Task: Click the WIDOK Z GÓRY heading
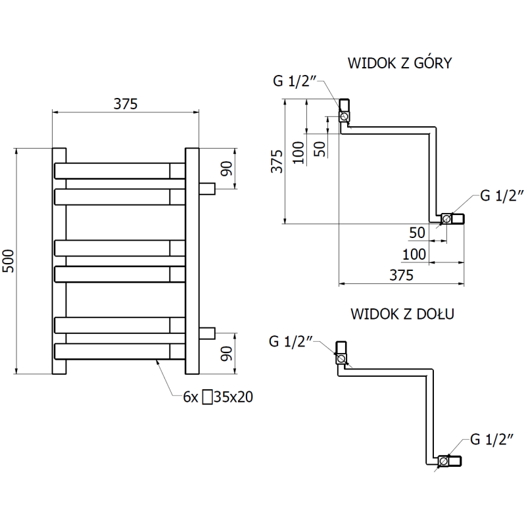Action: click(x=399, y=64)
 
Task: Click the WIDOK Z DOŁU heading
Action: click(x=402, y=313)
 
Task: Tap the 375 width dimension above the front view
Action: click(x=124, y=103)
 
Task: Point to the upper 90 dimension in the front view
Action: click(x=226, y=168)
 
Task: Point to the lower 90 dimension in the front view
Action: click(x=226, y=354)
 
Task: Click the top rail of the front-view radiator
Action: click(x=118, y=171)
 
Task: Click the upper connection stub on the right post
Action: click(x=207, y=189)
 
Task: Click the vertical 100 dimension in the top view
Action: click(x=298, y=152)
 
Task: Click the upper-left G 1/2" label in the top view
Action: click(x=295, y=81)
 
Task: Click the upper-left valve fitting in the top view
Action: click(x=345, y=112)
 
